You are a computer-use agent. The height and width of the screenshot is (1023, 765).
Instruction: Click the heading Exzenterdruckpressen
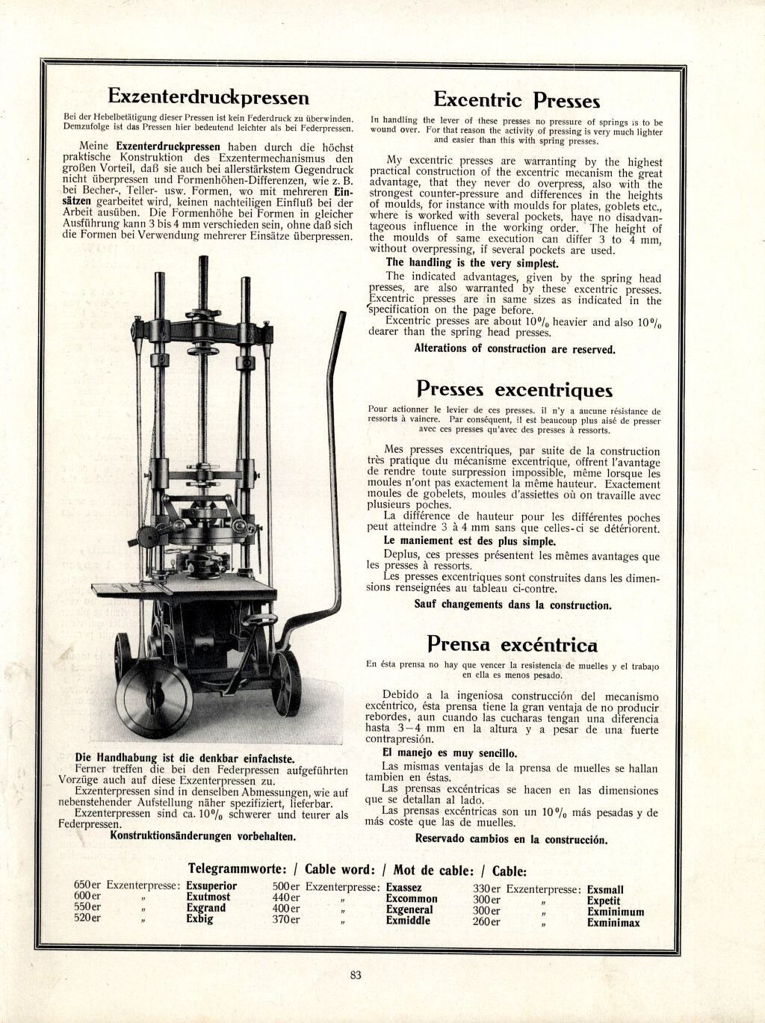(208, 97)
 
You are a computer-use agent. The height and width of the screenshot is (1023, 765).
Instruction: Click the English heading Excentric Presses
(516, 100)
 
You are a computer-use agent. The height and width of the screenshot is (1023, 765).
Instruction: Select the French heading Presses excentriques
(514, 389)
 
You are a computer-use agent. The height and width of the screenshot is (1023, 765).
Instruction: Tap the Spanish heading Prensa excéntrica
(512, 644)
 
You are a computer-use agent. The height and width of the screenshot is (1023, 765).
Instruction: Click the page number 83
(356, 974)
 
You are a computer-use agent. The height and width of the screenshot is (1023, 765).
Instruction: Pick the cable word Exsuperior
(211, 886)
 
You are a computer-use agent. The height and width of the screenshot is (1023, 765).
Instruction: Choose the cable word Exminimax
(613, 923)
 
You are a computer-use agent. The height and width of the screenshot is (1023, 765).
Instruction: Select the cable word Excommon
(412, 899)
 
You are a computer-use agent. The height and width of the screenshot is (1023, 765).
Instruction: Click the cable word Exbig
(199, 919)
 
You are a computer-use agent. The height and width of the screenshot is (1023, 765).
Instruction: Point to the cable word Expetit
(604, 901)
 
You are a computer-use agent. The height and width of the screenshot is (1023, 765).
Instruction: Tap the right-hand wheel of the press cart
(285, 682)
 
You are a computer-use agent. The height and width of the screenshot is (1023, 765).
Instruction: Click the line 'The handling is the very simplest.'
(471, 263)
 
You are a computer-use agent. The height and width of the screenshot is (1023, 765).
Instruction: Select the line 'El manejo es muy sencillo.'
(449, 753)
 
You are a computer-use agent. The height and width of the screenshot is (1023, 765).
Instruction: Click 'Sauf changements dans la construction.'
(512, 605)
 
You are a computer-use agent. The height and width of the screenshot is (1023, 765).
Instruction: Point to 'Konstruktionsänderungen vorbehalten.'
(202, 835)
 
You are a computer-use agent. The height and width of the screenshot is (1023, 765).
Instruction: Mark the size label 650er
(87, 886)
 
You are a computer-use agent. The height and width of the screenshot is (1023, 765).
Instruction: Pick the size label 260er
(486, 922)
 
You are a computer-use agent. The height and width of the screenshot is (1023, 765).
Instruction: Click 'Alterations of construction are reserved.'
(515, 349)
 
